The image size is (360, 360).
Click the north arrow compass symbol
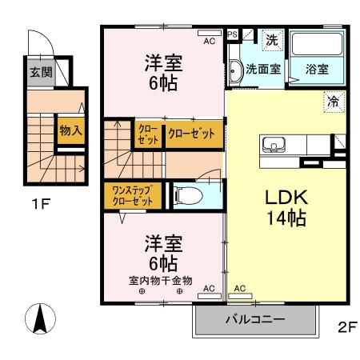click(x=38, y=320)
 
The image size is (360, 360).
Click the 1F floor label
click(x=41, y=203)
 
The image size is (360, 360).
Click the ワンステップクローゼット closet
click(x=132, y=194)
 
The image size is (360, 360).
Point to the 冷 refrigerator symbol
click(x=333, y=102)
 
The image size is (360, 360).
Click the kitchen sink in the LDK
click(x=274, y=145)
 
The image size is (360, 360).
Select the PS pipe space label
click(x=233, y=34)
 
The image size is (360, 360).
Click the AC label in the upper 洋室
click(x=209, y=39)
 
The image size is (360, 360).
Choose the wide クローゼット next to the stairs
click(x=193, y=134)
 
